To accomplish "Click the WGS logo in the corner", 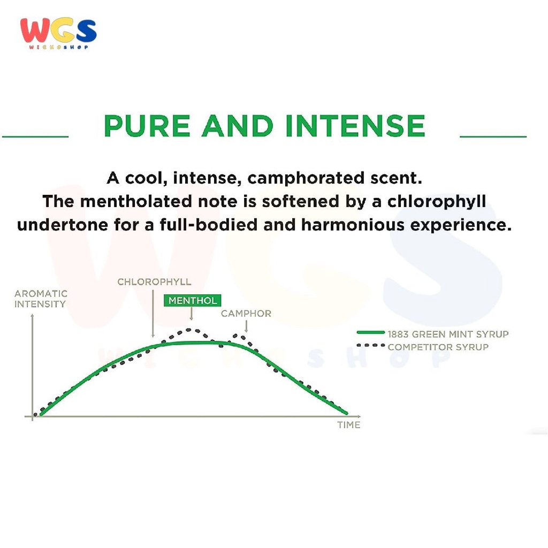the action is pos(58,33).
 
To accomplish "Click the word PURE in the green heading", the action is pos(147,126).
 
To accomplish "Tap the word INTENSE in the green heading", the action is pos(355,126).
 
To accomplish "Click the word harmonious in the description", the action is pos(352,225).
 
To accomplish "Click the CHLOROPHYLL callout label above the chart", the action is pos(154,281).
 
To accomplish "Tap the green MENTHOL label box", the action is pos(192,301).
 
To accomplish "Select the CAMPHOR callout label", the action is pos(246,314).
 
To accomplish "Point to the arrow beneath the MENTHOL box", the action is pos(191,314).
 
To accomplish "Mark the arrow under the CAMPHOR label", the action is pos(246,326).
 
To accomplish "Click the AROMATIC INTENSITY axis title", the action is pos(41,299).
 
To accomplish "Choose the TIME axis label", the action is pos(349,425).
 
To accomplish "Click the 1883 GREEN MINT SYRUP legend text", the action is pos(448,334).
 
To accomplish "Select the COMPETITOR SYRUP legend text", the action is pos(438,347).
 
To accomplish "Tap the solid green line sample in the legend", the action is pos(371,332).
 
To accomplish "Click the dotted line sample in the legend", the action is pos(371,345).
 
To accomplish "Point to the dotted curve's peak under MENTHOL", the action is pos(189,330).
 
